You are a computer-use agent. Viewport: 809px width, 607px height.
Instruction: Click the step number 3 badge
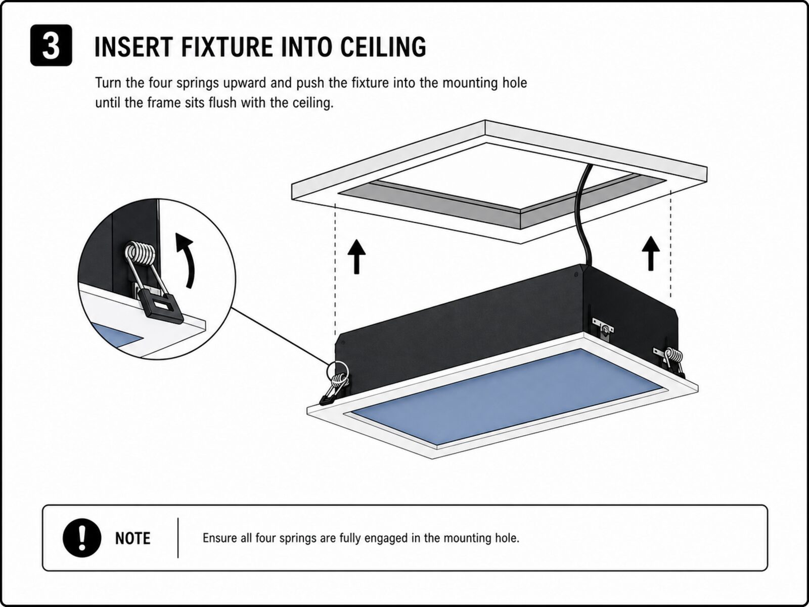51,46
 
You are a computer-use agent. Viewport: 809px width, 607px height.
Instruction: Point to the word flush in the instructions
222,102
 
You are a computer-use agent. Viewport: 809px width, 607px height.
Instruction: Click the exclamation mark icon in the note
82,538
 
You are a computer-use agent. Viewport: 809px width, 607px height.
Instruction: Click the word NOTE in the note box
132,538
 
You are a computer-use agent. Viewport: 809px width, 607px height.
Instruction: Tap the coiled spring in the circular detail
140,253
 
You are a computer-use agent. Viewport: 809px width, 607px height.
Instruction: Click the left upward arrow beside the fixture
356,256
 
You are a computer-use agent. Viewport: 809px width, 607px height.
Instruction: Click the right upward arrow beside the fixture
651,253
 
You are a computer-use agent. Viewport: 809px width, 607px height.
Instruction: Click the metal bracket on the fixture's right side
603,328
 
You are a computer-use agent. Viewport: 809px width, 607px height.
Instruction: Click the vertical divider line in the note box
178,538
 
